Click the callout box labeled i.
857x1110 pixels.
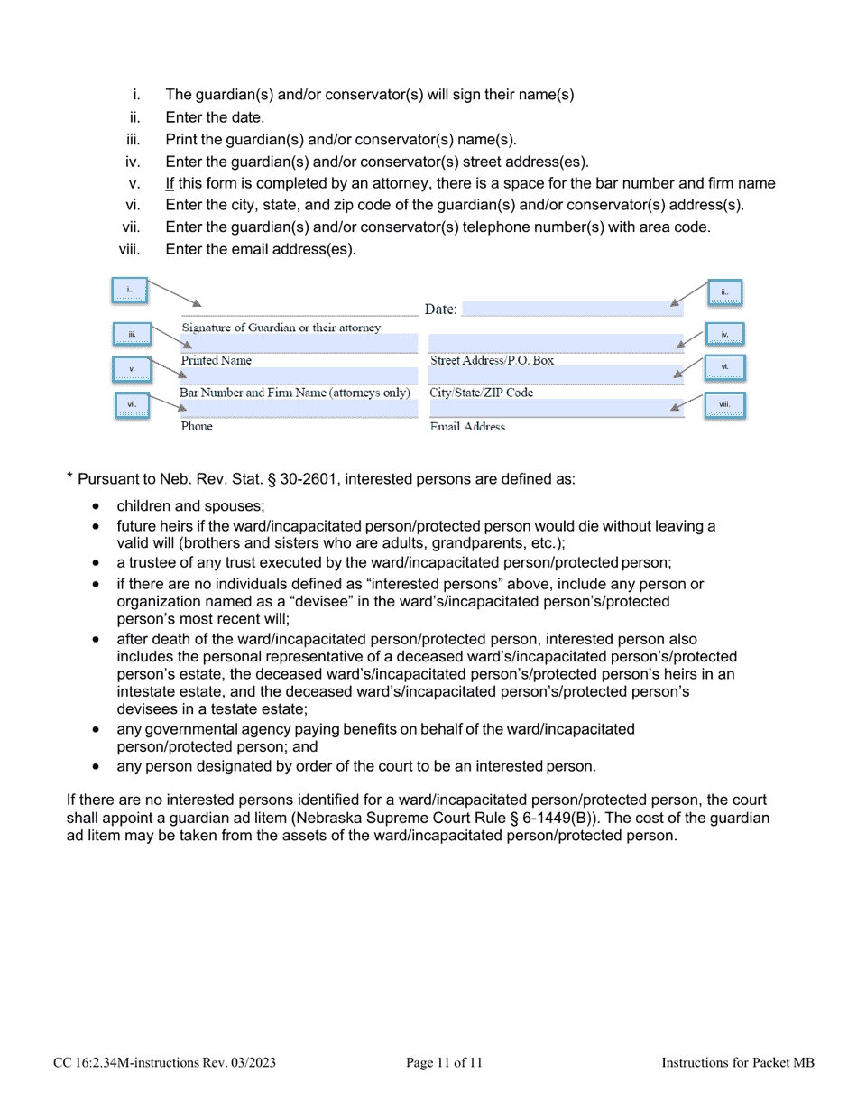[x=130, y=291]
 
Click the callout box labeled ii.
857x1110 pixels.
[x=724, y=291]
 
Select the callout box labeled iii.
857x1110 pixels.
[x=131, y=335]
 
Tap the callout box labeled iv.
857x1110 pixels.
[x=724, y=335]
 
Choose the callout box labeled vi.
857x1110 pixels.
[x=724, y=367]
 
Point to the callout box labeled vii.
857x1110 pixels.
[x=132, y=406]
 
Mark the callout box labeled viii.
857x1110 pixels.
[x=724, y=406]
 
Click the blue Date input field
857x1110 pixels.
[x=559, y=310]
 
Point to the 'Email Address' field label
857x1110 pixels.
[x=467, y=427]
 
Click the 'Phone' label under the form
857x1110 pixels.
[x=197, y=427]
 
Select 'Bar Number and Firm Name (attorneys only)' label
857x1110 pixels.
[x=295, y=393]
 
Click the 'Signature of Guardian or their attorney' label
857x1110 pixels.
[x=281, y=327]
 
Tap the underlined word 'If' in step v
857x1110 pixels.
[x=170, y=184]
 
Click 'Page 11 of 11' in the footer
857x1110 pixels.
[x=445, y=1064]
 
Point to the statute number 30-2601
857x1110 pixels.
[x=309, y=478]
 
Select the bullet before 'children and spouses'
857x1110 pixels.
[x=96, y=505]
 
